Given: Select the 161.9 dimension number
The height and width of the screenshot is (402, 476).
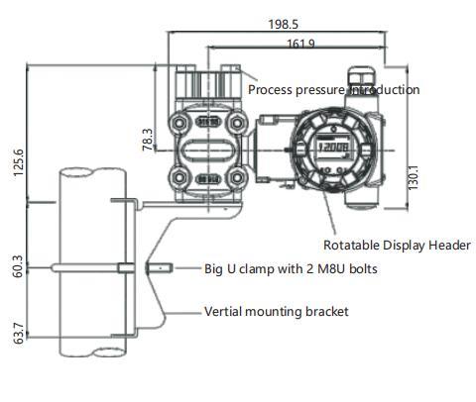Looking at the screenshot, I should [x=301, y=44].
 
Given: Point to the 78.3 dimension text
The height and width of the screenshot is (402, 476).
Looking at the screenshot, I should [x=148, y=139].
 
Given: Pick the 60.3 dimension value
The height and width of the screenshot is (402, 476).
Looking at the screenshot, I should [x=16, y=266].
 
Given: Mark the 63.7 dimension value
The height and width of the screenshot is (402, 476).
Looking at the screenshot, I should [x=16, y=331].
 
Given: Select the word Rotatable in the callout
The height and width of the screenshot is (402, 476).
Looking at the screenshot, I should [x=351, y=246].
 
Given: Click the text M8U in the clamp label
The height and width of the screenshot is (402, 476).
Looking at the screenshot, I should [x=319, y=268].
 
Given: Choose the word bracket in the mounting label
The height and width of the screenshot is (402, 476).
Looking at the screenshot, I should [x=326, y=312].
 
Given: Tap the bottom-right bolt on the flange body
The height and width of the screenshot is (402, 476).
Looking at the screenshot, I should [x=237, y=180].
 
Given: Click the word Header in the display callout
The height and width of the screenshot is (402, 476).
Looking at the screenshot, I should [x=448, y=246].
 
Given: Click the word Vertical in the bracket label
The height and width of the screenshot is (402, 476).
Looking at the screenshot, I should [x=226, y=312].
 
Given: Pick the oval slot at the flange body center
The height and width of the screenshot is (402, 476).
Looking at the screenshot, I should [x=209, y=151].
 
